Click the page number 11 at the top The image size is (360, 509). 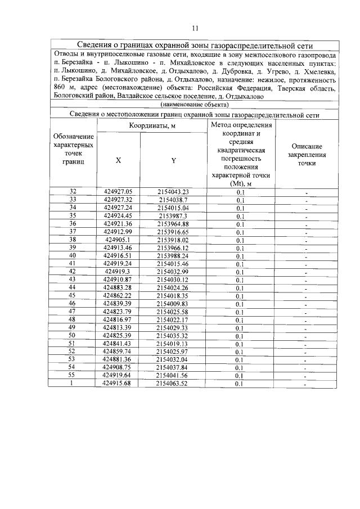pyautogui.click(x=195, y=28)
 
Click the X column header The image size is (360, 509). pyautogui.click(x=118, y=160)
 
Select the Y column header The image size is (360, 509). pyautogui.click(x=173, y=160)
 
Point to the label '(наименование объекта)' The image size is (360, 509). pyautogui.click(x=195, y=105)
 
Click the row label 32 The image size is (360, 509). pyautogui.click(x=73, y=191)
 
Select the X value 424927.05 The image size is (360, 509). pyautogui.click(x=118, y=191)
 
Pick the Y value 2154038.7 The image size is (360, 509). pyautogui.click(x=173, y=200)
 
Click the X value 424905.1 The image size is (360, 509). pyautogui.click(x=118, y=239)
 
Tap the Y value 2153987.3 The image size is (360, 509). pyautogui.click(x=173, y=215)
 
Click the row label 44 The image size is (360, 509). pyautogui.click(x=73, y=287)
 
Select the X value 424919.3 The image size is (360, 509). pyautogui.click(x=118, y=271)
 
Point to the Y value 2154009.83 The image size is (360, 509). pyautogui.click(x=173, y=303)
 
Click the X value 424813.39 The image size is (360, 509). pyautogui.click(x=118, y=327)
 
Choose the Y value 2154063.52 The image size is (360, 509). pyautogui.click(x=173, y=384)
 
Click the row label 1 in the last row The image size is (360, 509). pyautogui.click(x=73, y=384)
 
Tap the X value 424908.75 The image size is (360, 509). pyautogui.click(x=118, y=367)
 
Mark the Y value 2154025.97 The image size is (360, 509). pyautogui.click(x=173, y=352)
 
